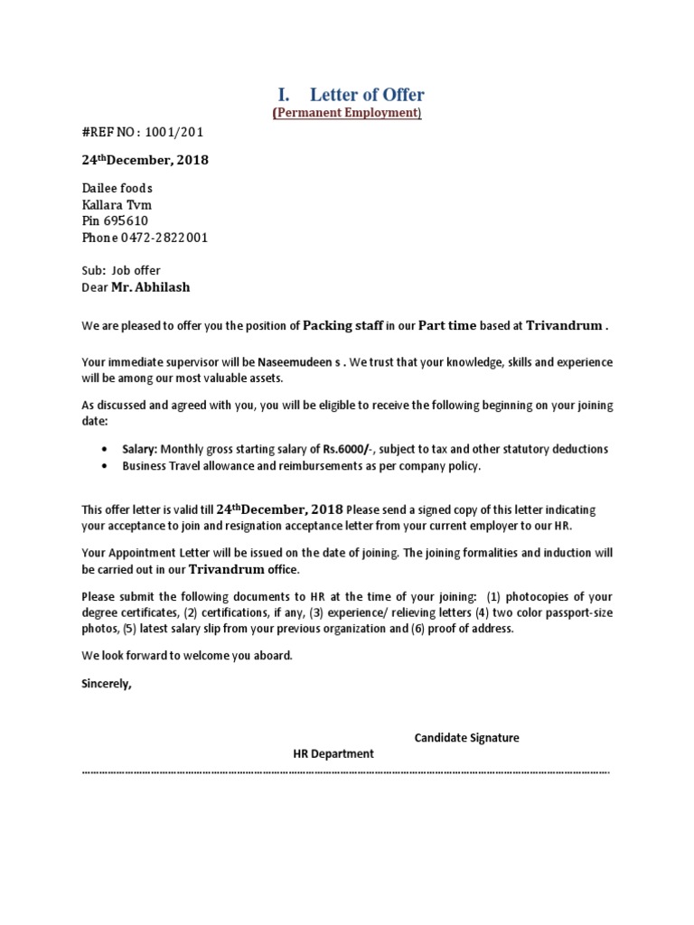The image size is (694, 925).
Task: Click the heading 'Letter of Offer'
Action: (x=366, y=95)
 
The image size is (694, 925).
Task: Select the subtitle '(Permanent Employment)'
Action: (x=347, y=113)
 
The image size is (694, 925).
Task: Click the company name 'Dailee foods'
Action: (x=117, y=188)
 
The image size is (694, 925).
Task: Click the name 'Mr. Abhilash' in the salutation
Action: (x=151, y=287)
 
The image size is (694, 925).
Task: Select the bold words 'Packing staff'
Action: (x=342, y=325)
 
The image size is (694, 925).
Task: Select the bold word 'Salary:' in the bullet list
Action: (x=140, y=449)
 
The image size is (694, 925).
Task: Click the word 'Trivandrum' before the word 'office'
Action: (x=227, y=569)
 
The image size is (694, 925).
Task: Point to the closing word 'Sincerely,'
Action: (x=107, y=684)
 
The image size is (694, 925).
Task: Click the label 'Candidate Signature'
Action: (x=466, y=738)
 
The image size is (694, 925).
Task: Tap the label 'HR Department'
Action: (x=333, y=753)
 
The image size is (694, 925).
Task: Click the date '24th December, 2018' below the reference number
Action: (x=145, y=160)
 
